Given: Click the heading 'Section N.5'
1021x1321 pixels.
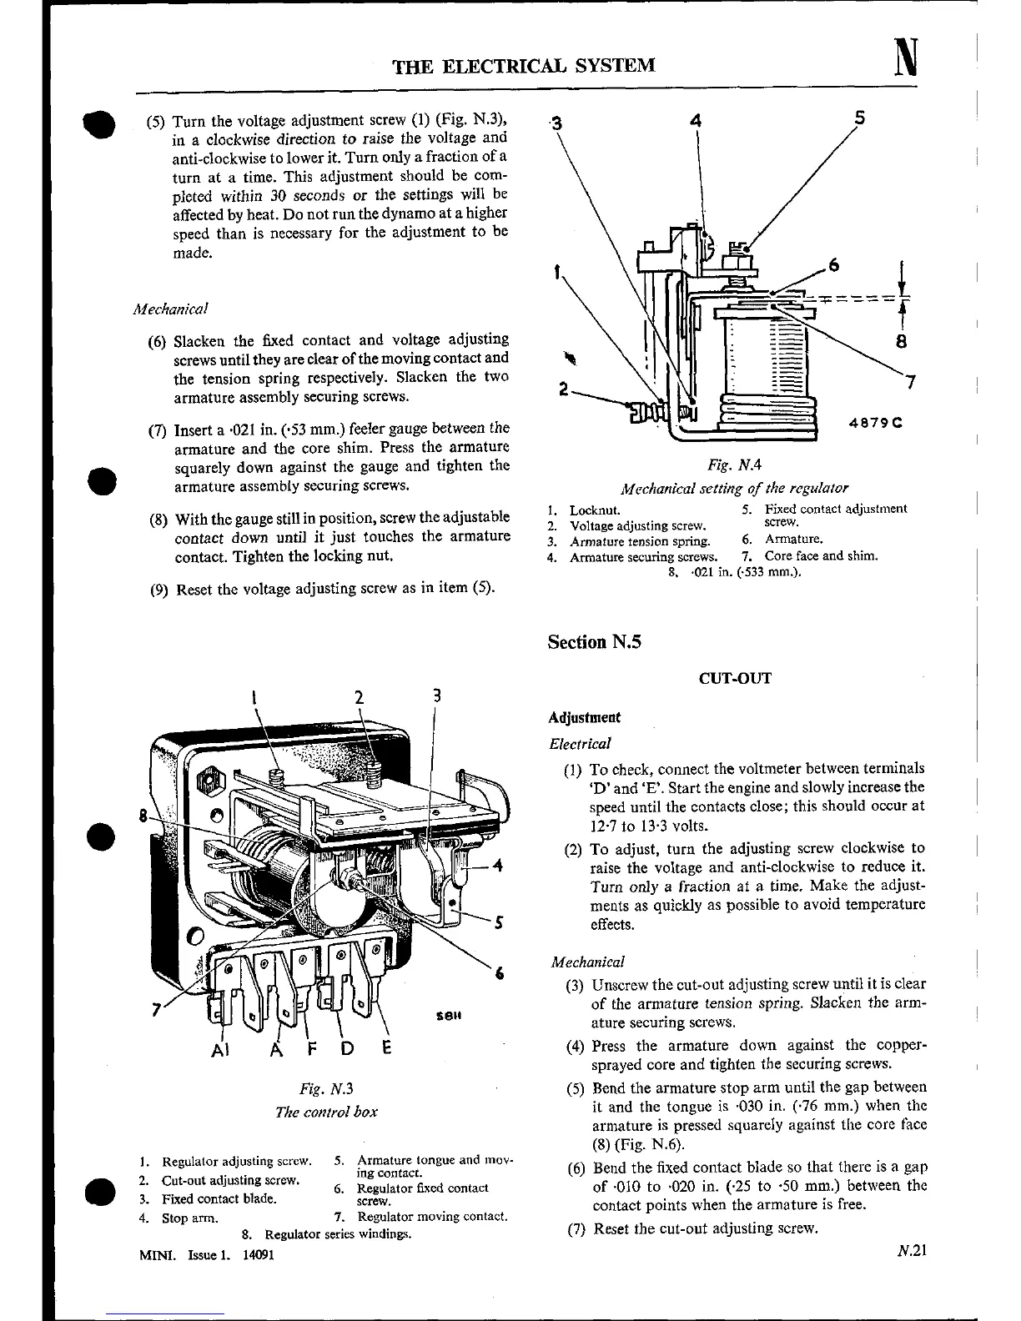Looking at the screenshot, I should pyautogui.click(x=594, y=641).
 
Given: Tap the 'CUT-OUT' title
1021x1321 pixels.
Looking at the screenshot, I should pyautogui.click(x=735, y=678).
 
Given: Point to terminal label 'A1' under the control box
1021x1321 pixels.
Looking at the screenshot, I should pyautogui.click(x=220, y=1049).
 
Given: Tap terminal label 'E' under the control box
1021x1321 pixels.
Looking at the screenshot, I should pyautogui.click(x=386, y=1048).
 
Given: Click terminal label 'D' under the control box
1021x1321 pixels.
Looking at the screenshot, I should pyautogui.click(x=347, y=1048).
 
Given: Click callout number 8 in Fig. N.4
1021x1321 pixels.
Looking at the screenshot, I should pyautogui.click(x=902, y=341).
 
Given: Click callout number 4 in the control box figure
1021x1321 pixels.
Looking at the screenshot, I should pyautogui.click(x=497, y=865).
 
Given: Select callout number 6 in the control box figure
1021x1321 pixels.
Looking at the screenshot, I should pyautogui.click(x=499, y=973).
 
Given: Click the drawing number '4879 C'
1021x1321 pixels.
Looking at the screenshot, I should pyautogui.click(x=877, y=422).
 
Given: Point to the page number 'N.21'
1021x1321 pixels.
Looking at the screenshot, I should pyautogui.click(x=913, y=1249).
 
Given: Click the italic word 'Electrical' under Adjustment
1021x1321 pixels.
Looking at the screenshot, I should pyautogui.click(x=580, y=743).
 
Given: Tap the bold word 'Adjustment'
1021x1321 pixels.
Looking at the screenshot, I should pyautogui.click(x=584, y=717).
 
